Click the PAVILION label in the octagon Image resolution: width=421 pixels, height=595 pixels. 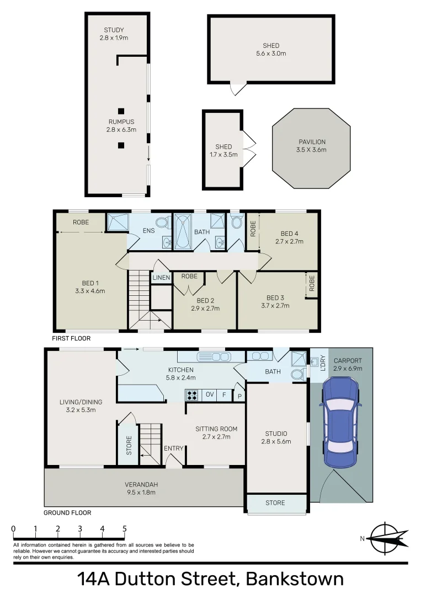click(312, 145)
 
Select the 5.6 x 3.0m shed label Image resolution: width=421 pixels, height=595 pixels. click(271, 50)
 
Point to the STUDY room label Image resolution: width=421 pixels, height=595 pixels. click(114, 34)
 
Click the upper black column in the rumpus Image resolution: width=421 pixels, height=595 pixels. click(121, 110)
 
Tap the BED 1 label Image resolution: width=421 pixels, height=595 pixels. click(89, 287)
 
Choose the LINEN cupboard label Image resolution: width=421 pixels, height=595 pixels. click(161, 278)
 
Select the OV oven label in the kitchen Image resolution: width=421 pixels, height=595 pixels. click(210, 394)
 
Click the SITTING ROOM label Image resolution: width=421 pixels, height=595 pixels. click(216, 432)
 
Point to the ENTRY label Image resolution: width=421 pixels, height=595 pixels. click(173, 448)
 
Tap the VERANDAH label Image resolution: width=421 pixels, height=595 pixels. click(141, 488)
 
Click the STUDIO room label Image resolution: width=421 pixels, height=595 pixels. click(275, 437)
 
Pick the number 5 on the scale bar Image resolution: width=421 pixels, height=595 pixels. click(124, 529)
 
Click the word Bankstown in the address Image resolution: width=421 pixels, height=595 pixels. click(295, 579)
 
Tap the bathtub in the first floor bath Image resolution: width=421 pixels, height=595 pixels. click(182, 232)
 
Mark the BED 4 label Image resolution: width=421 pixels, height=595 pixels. click(289, 237)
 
